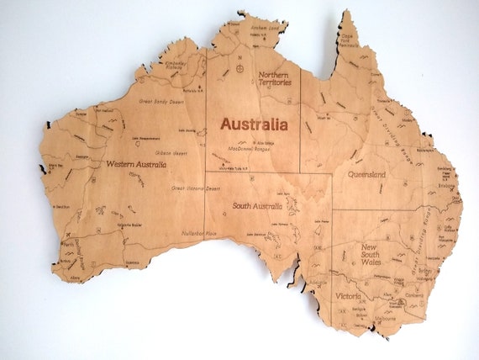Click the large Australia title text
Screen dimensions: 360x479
click(258, 123)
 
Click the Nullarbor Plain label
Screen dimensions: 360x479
click(199, 232)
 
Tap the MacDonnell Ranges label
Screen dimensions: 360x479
click(253, 149)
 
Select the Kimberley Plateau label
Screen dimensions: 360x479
click(175, 66)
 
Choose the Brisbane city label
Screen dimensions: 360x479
click(445, 187)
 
